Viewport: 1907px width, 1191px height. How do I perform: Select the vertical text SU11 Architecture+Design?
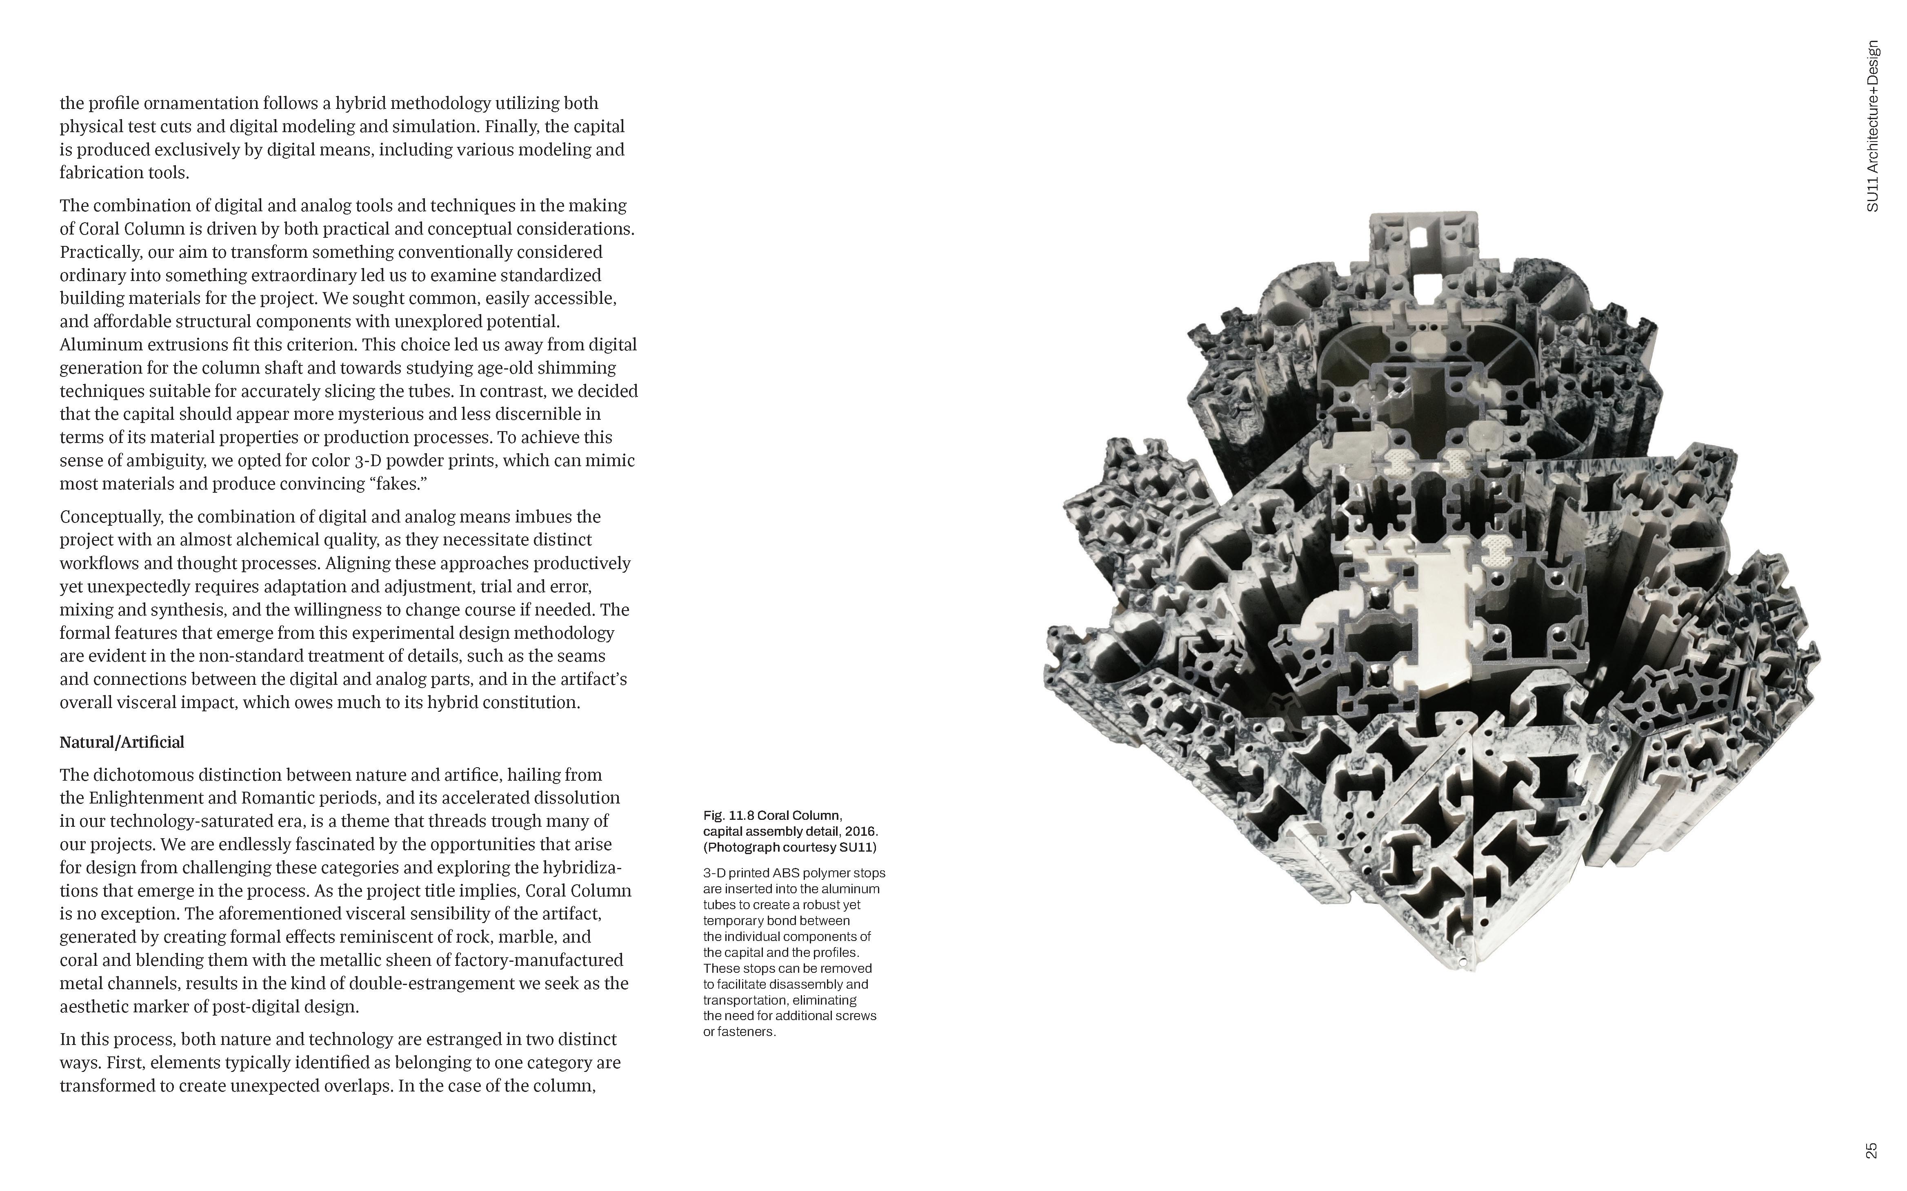tap(1873, 126)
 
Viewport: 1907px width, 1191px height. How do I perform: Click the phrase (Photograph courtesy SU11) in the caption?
tap(789, 848)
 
